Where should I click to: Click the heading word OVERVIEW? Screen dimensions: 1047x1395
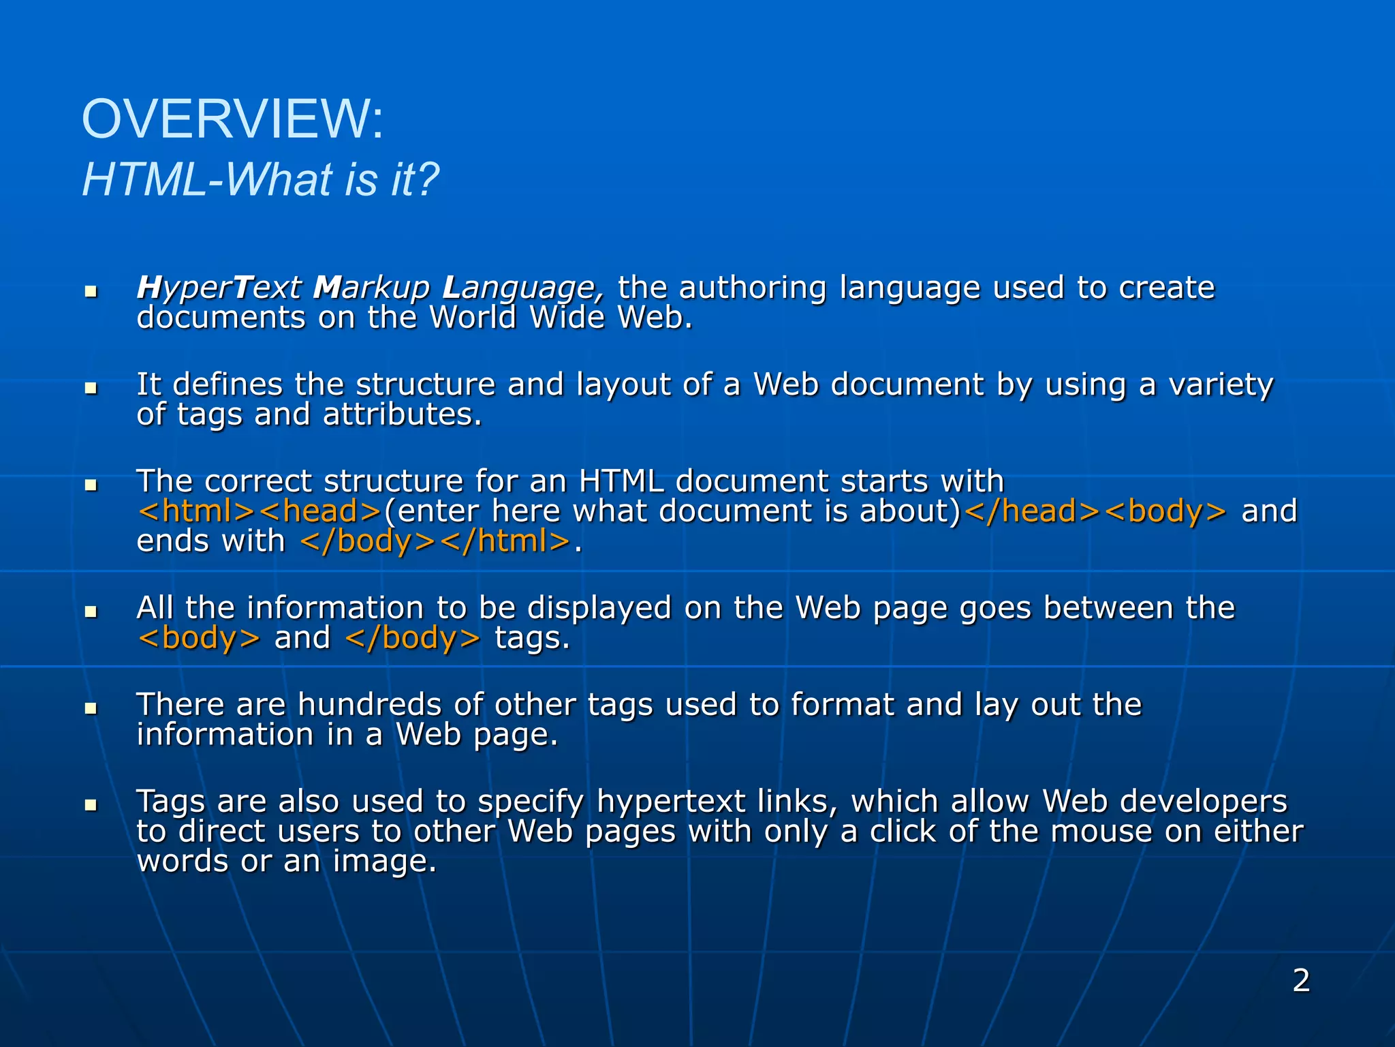coord(233,119)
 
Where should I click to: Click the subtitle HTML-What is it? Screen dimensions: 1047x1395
coord(261,180)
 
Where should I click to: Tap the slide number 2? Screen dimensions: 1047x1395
coord(1301,981)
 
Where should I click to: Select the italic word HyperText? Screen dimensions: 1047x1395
coord(219,288)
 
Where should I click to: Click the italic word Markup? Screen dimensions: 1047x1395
coord(372,288)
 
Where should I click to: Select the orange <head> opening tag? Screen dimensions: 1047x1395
coord(320,511)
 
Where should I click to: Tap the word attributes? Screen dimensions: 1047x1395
coord(402,414)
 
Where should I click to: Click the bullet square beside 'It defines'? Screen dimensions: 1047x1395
coord(91,388)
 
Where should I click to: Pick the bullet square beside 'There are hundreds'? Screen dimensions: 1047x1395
coord(91,708)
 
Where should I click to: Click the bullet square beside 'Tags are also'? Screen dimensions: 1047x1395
coord(91,805)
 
